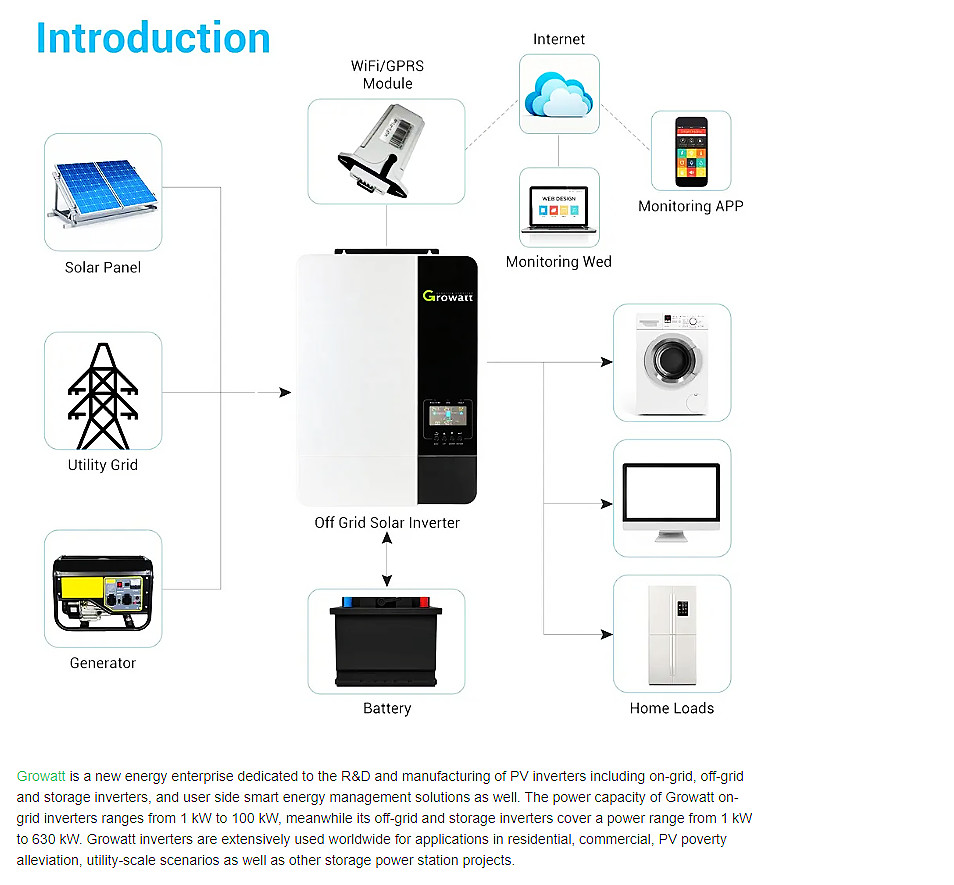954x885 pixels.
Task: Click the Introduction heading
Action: point(153,38)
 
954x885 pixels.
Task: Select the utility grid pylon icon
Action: point(103,395)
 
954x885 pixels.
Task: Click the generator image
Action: point(103,592)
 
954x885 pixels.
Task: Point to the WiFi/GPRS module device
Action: point(381,151)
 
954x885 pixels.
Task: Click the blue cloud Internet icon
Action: point(559,94)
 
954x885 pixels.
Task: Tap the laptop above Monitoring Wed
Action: point(559,209)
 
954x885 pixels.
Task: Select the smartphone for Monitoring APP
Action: point(691,151)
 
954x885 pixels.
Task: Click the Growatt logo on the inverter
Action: point(448,296)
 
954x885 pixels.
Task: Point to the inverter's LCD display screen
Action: point(448,416)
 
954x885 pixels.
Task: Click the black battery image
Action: point(386,642)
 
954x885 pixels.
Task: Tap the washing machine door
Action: point(672,359)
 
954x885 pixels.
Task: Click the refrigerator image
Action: point(672,635)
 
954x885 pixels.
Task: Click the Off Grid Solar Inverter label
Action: point(387,522)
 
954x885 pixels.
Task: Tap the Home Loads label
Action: point(672,708)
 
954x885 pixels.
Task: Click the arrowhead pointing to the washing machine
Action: point(607,362)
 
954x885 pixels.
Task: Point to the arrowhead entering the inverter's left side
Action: point(285,392)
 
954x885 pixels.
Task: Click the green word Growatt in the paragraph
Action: point(41,776)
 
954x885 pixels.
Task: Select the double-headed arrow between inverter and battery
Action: point(387,560)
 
